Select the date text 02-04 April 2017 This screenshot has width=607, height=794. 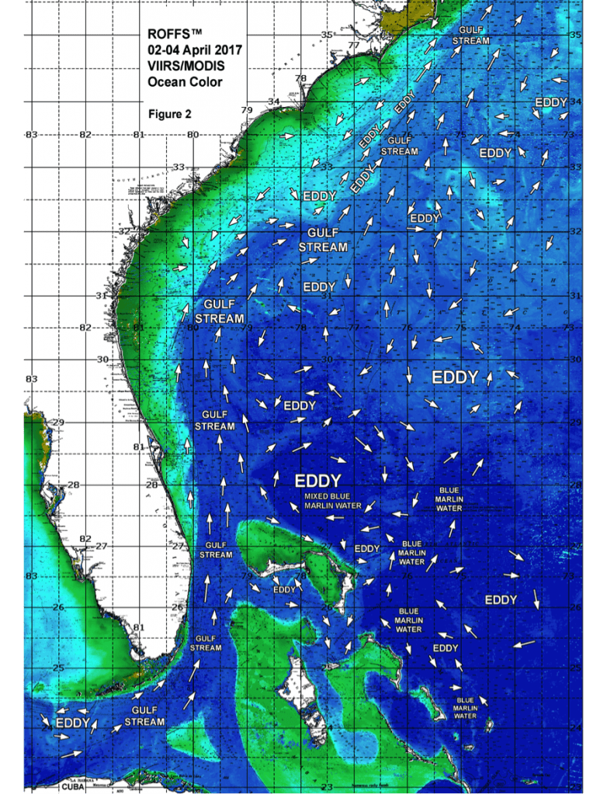194,50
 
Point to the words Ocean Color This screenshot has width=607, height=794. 185,81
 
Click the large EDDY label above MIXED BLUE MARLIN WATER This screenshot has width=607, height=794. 318,478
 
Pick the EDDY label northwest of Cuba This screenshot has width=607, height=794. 73,723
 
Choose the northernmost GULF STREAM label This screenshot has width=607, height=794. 470,35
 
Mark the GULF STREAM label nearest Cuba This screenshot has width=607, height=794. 144,716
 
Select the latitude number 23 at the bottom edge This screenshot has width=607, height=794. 328,788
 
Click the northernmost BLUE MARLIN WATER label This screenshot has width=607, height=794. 449,499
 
